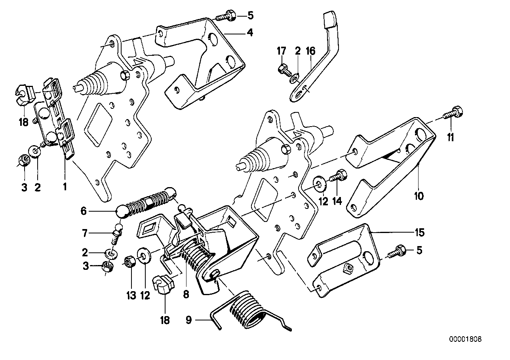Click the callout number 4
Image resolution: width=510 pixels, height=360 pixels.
249,33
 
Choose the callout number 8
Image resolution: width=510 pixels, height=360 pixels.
186,294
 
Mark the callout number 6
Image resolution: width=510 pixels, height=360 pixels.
83,212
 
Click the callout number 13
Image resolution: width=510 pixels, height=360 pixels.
131,295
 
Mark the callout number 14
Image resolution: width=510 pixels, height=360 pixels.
337,201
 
